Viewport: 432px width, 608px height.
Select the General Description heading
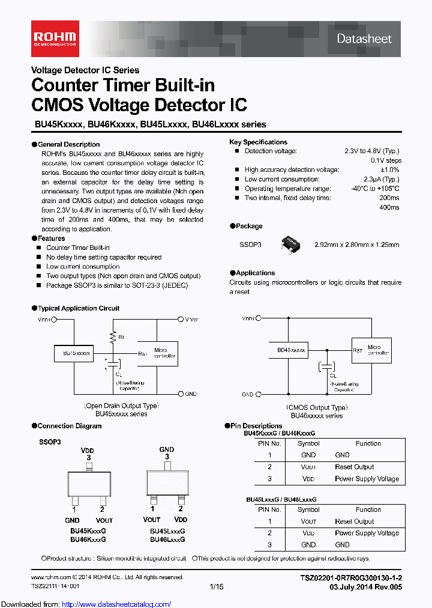click(x=68, y=144)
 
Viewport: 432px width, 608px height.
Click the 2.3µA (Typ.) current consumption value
click(x=382, y=180)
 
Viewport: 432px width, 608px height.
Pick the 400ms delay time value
click(x=389, y=207)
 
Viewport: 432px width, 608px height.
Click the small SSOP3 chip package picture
click(x=291, y=243)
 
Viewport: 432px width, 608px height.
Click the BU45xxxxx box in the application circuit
click(x=76, y=354)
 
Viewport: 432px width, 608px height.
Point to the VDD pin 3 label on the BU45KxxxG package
click(x=88, y=454)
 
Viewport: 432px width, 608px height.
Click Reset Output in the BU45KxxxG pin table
click(x=354, y=467)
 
